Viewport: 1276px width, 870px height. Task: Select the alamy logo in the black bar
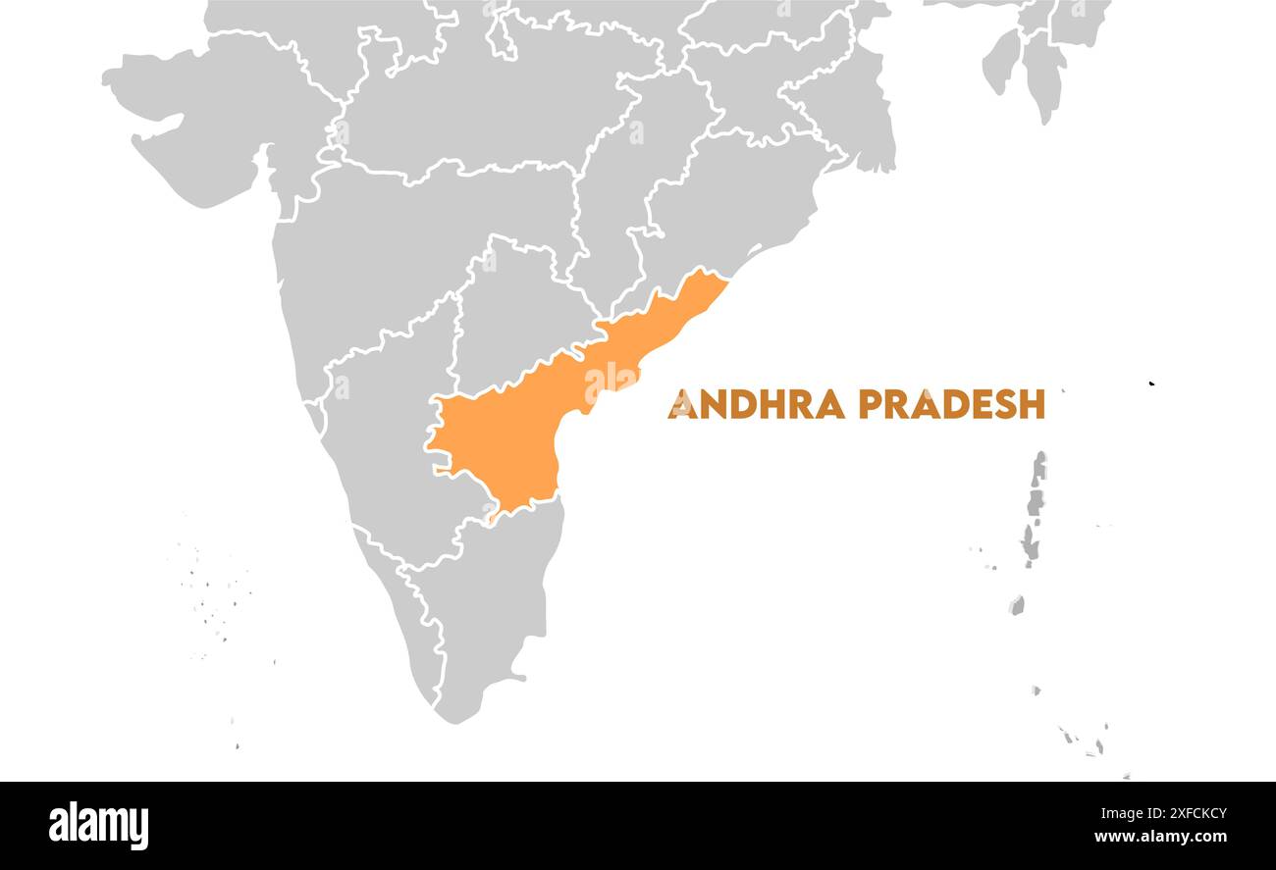[x=98, y=825]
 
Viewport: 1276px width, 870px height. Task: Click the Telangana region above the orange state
[x=510, y=314]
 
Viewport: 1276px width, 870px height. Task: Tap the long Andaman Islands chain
[x=1033, y=510]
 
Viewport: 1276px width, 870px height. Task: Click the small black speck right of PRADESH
[x=1151, y=383]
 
